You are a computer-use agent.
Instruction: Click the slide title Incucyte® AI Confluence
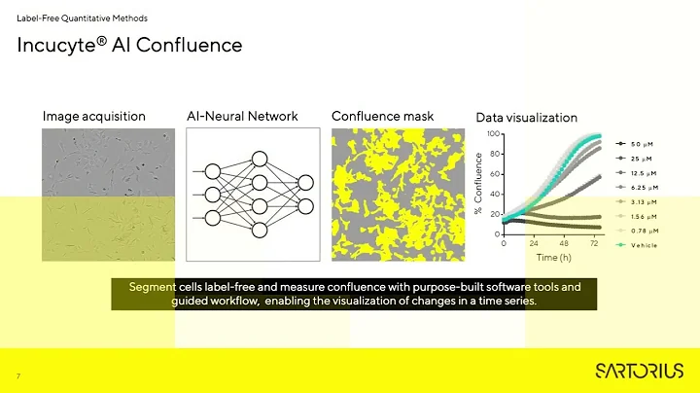[129, 46]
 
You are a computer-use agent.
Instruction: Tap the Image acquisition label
[93, 117]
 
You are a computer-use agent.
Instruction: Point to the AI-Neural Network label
[242, 117]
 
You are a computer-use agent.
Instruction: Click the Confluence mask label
[382, 117]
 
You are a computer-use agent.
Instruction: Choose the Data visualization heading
[526, 118]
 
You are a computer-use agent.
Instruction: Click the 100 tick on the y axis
[494, 134]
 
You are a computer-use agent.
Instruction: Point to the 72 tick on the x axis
[594, 243]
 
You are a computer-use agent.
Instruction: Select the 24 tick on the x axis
[534, 243]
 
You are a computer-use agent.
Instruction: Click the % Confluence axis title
[478, 184]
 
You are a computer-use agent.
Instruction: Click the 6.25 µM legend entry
[647, 187]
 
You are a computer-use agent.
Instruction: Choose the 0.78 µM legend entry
[647, 231]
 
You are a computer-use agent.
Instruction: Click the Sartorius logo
[639, 371]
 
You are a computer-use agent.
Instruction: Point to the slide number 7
[18, 375]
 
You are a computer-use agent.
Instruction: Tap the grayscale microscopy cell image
[108, 195]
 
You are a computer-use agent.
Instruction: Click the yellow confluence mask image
[398, 195]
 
